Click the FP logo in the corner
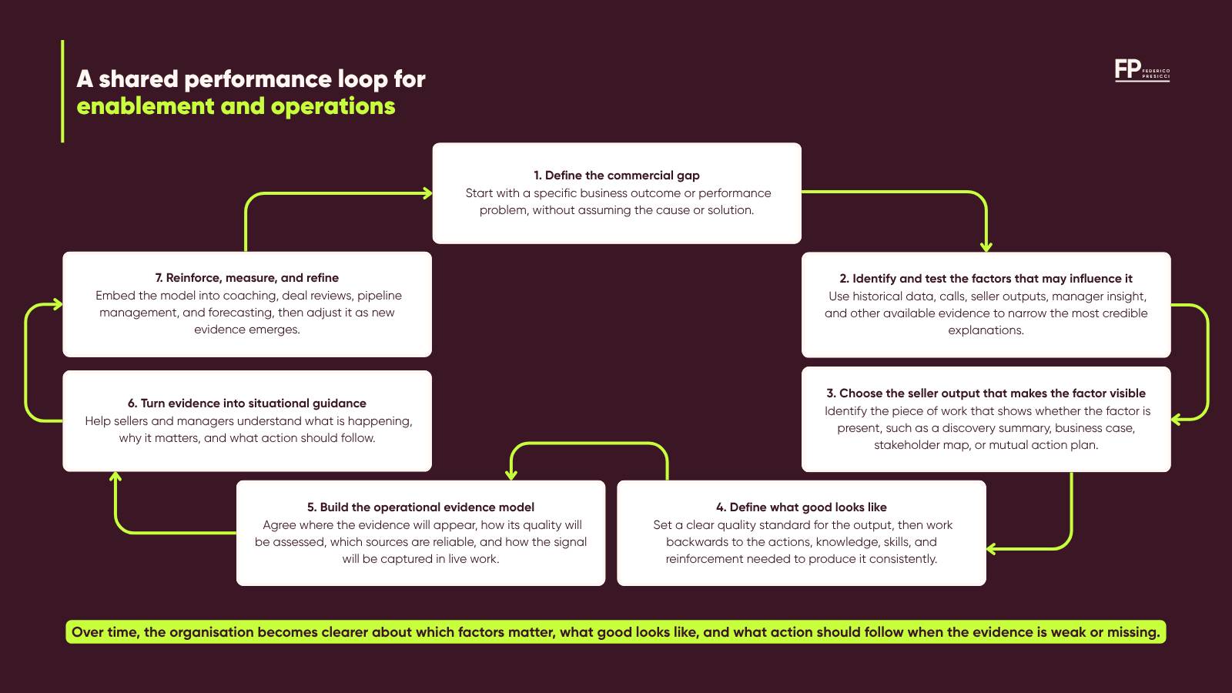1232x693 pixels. point(1142,70)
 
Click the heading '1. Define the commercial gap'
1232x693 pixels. point(617,176)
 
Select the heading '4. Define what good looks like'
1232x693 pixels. point(802,507)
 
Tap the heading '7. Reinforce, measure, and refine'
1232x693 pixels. point(247,278)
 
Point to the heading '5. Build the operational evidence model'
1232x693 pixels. point(420,507)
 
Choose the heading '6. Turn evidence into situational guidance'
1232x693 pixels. point(247,403)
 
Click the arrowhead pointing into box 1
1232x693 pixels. point(427,193)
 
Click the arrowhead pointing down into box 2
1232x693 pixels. point(986,246)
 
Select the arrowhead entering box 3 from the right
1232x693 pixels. point(1177,420)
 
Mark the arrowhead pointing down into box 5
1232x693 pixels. point(511,474)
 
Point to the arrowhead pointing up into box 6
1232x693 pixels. point(115,477)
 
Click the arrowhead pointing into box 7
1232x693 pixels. point(57,304)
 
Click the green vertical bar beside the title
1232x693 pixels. point(62,92)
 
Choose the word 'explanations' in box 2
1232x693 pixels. point(986,330)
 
